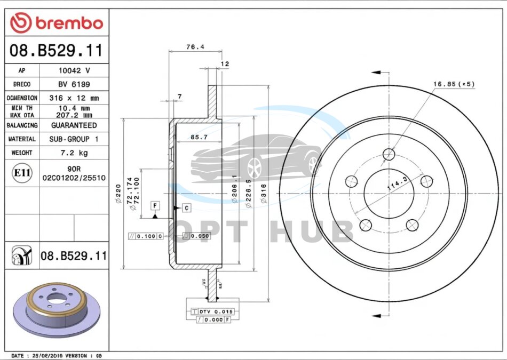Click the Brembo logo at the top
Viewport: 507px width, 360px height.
[x=57, y=23]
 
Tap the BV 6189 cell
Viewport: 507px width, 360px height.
[x=74, y=84]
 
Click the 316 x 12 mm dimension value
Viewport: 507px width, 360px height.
[x=74, y=98]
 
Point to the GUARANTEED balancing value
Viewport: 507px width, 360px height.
[x=74, y=125]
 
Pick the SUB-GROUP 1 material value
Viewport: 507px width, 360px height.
[x=74, y=139]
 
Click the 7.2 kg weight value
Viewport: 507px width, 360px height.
[x=74, y=153]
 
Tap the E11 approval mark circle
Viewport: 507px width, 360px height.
[x=21, y=173]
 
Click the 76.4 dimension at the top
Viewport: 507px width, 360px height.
[x=195, y=47]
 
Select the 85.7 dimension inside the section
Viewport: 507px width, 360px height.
[x=199, y=138]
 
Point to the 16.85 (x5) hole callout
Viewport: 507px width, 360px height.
[x=454, y=84]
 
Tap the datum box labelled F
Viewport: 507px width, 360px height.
[x=155, y=205]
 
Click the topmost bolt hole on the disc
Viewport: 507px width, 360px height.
[x=390, y=155]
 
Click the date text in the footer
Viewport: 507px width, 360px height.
[x=56, y=355]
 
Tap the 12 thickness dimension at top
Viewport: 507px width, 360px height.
[x=225, y=64]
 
